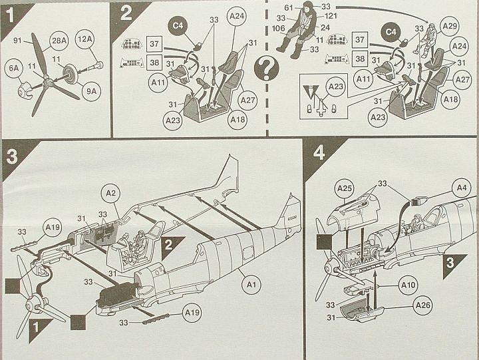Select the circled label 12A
[x=84, y=40]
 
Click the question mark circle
[x=267, y=67]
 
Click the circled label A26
[x=420, y=307]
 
